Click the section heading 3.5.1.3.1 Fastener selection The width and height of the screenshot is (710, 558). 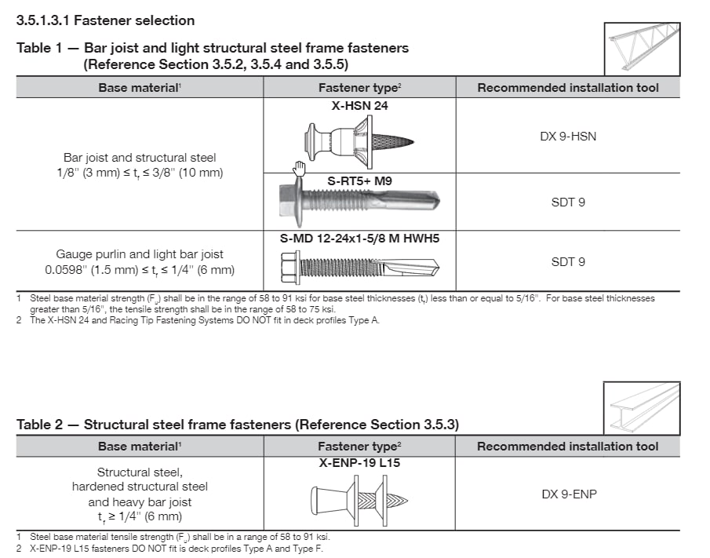tap(105, 20)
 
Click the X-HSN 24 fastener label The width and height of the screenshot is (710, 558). tap(359, 106)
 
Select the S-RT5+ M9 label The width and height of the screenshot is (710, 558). tap(359, 181)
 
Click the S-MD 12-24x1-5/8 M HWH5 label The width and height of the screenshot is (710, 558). tap(359, 238)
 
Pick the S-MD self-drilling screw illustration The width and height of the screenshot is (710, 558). tap(359, 267)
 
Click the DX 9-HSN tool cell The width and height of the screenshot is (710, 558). tap(567, 136)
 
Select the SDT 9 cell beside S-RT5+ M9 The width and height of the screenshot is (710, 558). tap(567, 202)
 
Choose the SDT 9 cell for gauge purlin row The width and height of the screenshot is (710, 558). tap(567, 262)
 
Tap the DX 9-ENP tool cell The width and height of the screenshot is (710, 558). tap(567, 494)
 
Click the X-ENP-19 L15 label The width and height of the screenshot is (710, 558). tap(359, 463)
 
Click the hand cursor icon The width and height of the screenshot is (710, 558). tap(298, 168)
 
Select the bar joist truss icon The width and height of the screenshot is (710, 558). tap(642, 48)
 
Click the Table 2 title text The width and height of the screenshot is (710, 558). tap(237, 425)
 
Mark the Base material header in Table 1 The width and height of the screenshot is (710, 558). tap(140, 88)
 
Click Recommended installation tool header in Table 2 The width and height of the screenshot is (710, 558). tap(567, 447)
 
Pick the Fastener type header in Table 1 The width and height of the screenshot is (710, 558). tap(359, 88)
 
